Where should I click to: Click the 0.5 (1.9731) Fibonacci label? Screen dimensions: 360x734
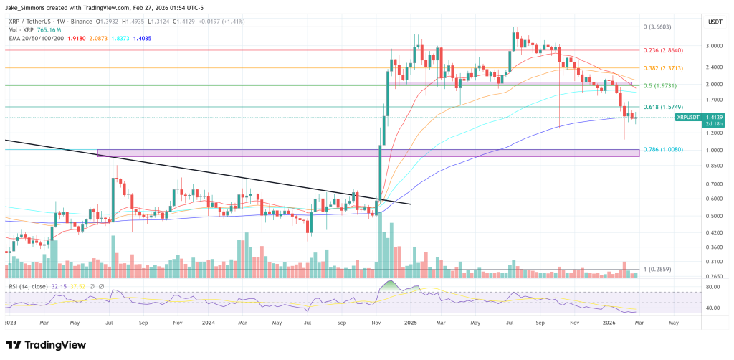[657, 86]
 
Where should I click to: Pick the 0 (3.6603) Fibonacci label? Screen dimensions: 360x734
[657, 27]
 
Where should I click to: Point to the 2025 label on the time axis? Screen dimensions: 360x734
[411, 323]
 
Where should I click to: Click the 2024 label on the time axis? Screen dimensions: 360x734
[209, 323]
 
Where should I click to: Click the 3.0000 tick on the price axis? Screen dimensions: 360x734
[714, 45]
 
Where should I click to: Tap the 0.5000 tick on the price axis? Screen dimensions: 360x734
[714, 216]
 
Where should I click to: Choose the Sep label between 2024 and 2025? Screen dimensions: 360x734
[344, 323]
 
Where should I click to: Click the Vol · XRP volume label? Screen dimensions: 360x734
[19, 31]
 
